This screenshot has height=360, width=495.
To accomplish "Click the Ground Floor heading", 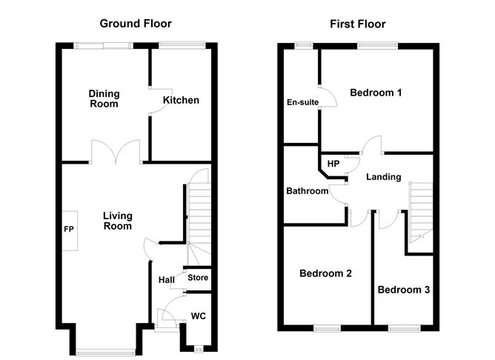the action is click(136, 24).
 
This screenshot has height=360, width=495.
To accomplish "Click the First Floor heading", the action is click(358, 24).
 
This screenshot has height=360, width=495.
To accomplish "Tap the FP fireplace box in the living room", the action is click(70, 230).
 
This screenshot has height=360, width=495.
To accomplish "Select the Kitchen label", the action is click(181, 100).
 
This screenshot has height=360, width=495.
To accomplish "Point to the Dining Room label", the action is click(104, 99).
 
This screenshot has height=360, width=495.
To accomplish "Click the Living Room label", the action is click(117, 221).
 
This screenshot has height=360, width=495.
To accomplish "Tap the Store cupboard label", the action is click(198, 278).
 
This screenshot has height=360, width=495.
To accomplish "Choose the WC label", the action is click(199, 316).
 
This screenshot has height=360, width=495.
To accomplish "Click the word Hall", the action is click(167, 280).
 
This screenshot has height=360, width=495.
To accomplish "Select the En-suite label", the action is click(302, 102).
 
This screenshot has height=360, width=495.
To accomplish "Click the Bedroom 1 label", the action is click(376, 93).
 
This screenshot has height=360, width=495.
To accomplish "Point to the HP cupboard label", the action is click(333, 164).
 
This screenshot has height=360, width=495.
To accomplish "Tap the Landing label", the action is click(384, 177).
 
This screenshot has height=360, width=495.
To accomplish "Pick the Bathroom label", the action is click(308, 191).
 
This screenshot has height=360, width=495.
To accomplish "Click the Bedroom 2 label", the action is click(325, 273).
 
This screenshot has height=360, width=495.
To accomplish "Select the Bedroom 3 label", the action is click(404, 290).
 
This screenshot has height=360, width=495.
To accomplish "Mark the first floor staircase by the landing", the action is click(421, 212).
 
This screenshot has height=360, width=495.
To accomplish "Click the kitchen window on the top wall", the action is click(182, 45).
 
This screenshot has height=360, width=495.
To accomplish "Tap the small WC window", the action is click(199, 349).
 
